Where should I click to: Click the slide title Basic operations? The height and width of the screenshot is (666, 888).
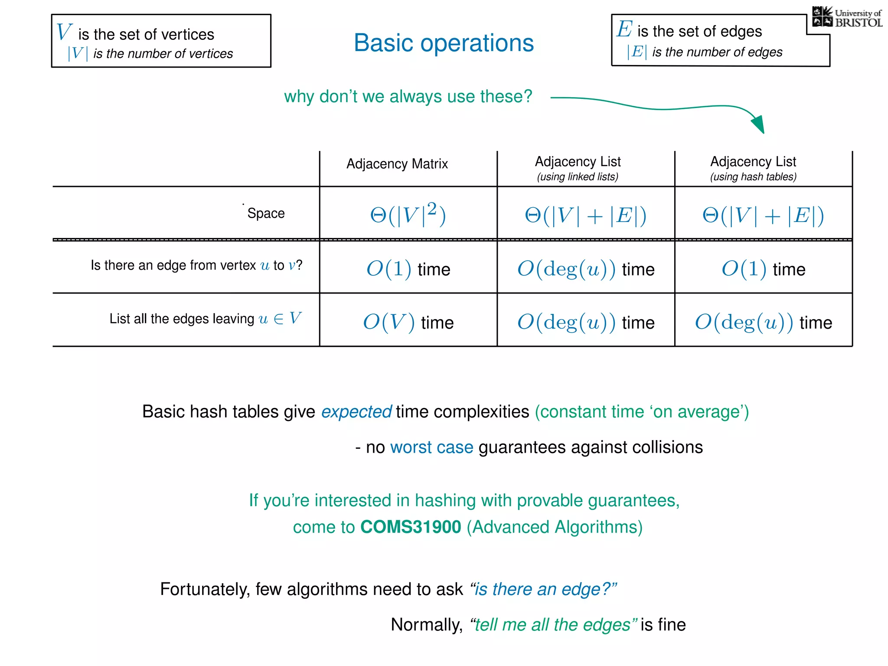[444, 43]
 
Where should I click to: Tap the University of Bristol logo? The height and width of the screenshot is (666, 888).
[847, 17]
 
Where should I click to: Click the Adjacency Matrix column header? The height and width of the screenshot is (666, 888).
[397, 164]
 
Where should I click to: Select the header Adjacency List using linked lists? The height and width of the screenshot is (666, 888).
[578, 168]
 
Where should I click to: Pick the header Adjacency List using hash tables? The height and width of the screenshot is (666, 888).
[753, 168]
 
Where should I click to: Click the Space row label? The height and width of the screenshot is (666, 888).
[266, 213]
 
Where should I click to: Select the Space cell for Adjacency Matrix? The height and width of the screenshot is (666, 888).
[408, 214]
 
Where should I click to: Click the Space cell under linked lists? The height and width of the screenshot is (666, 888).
[585, 215]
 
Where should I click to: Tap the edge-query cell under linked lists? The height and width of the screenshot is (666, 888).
[585, 269]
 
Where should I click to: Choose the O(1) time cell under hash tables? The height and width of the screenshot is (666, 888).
[763, 269]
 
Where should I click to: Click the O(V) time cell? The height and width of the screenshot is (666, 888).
[408, 322]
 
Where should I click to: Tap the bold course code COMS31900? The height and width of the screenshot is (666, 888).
[411, 527]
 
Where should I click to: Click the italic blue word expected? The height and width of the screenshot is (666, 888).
[356, 412]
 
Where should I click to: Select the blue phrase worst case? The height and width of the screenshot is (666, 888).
[431, 447]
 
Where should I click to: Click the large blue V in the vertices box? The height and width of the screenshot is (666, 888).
[64, 32]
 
